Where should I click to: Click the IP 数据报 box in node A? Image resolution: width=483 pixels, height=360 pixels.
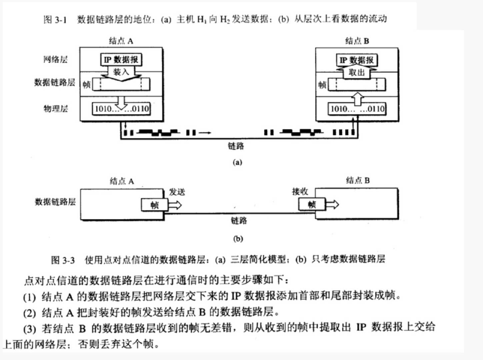121,60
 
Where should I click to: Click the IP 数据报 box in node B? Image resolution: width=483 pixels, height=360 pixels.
356,60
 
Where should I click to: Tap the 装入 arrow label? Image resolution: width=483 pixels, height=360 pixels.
121,72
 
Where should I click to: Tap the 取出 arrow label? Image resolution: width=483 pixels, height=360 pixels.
356,72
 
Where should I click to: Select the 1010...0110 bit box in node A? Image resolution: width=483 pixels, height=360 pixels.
121,109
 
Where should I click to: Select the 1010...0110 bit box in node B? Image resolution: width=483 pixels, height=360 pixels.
357,109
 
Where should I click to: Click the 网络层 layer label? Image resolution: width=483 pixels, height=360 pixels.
55,60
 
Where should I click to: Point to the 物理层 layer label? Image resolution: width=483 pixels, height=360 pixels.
55,109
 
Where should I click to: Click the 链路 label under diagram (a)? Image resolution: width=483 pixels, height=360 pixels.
236,146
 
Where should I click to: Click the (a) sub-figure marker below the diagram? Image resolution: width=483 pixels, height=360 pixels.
237,162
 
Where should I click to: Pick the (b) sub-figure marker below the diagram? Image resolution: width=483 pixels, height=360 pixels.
238,239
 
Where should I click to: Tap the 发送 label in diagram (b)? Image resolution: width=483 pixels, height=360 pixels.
177,192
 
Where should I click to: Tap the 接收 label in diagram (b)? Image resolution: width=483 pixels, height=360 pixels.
300,191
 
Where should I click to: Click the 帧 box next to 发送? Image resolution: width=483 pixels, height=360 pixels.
154,205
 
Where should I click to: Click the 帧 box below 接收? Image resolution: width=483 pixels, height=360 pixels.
312,204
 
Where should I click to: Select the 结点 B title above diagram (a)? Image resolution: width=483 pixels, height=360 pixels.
357,41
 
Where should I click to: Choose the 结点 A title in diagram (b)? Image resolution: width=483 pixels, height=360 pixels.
122,181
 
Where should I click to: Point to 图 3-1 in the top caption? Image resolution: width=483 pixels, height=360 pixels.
55,20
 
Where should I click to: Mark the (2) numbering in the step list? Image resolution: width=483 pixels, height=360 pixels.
29,313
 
